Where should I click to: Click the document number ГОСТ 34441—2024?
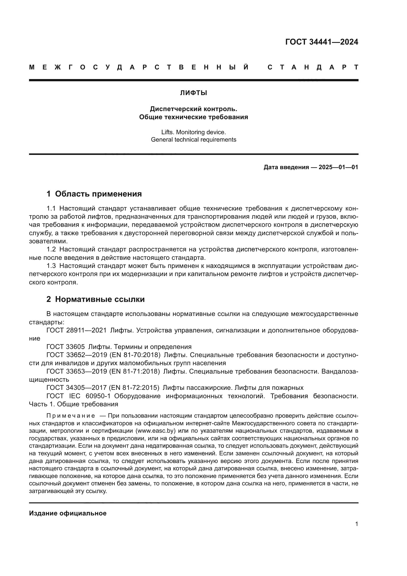tap(322, 42)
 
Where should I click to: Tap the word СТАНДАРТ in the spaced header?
tap(313, 67)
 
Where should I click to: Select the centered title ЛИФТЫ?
tap(193, 93)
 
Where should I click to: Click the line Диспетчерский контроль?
tap(193, 109)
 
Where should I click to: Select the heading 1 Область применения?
tap(94, 194)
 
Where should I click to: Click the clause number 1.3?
tap(51, 266)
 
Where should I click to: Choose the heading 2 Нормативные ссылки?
tap(95, 299)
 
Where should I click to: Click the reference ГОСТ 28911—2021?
tap(77, 330)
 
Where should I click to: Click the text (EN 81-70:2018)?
tap(135, 355)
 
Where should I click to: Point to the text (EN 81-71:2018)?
tap(134, 372)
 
